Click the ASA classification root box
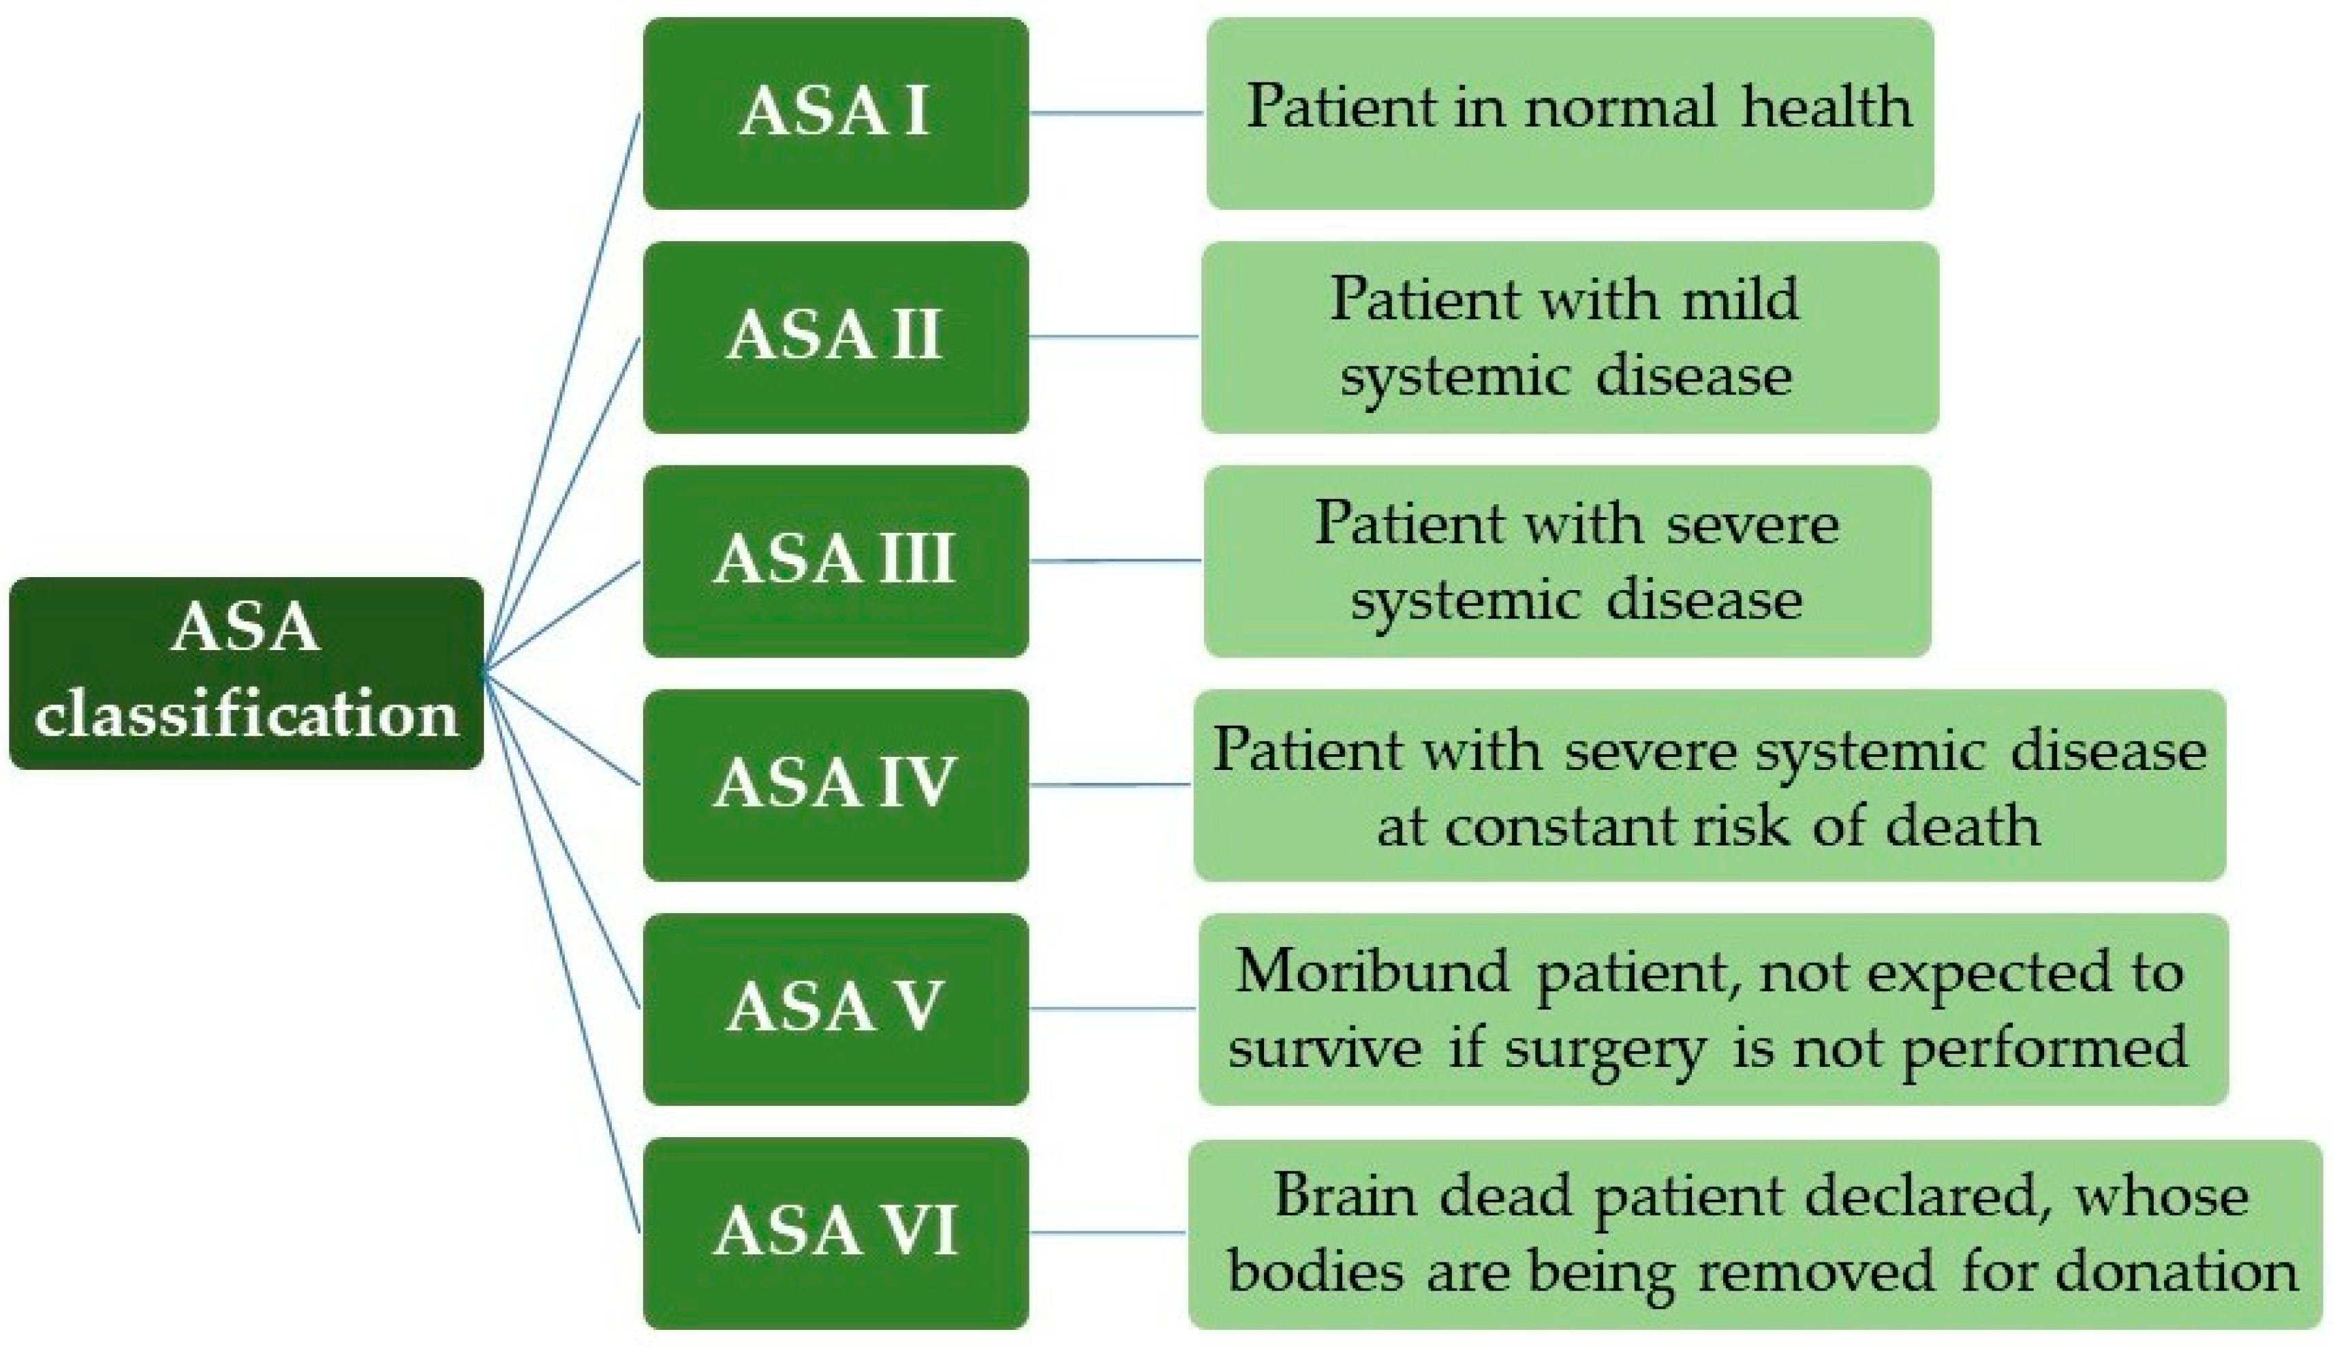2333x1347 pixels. (x=246, y=672)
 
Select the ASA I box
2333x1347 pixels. (x=835, y=113)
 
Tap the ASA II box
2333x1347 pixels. (x=835, y=337)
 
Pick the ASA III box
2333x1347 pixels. (x=835, y=561)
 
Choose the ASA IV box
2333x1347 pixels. (x=835, y=784)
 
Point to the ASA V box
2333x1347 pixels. (x=835, y=1008)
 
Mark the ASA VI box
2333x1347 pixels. (x=835, y=1233)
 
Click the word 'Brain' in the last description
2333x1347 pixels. (x=1345, y=1195)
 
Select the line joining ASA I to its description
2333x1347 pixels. (x=1115, y=113)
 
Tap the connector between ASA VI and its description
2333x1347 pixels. (x=1107, y=1233)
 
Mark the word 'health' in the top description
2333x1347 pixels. (x=1826, y=108)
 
